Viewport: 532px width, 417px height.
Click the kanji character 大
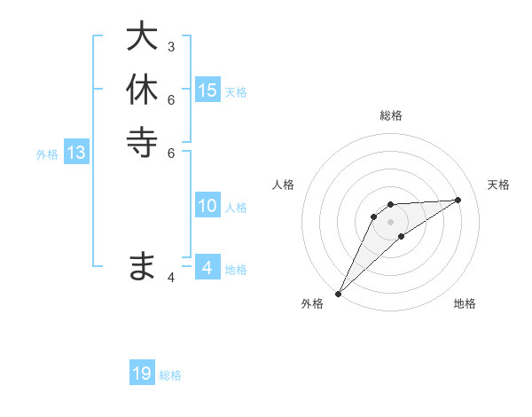pos(142,37)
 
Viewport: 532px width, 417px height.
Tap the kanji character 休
pos(142,90)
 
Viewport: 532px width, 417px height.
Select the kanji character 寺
pos(142,142)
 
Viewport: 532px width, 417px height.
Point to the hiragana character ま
pos(142,266)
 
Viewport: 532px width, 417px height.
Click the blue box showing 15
pos(207,90)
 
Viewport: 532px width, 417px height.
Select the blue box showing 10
pos(207,206)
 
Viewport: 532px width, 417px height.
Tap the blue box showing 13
pos(76,153)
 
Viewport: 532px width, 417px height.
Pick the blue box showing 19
pos(142,374)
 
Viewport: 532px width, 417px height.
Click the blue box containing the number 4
pos(207,268)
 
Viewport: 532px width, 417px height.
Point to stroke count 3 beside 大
pos(171,46)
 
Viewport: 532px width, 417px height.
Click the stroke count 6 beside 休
pos(171,99)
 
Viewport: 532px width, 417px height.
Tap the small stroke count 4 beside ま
pos(171,278)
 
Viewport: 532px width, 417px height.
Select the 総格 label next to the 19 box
pos(170,375)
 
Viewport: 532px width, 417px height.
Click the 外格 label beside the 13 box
pos(47,154)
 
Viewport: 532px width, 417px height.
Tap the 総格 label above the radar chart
pos(390,115)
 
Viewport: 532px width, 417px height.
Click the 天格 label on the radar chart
pos(498,185)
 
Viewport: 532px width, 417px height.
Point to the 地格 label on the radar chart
pos(465,303)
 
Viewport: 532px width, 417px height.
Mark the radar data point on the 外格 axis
pos(338,294)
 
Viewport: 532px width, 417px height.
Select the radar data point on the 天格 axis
pos(458,200)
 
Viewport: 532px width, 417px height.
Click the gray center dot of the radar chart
pos(390,222)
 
